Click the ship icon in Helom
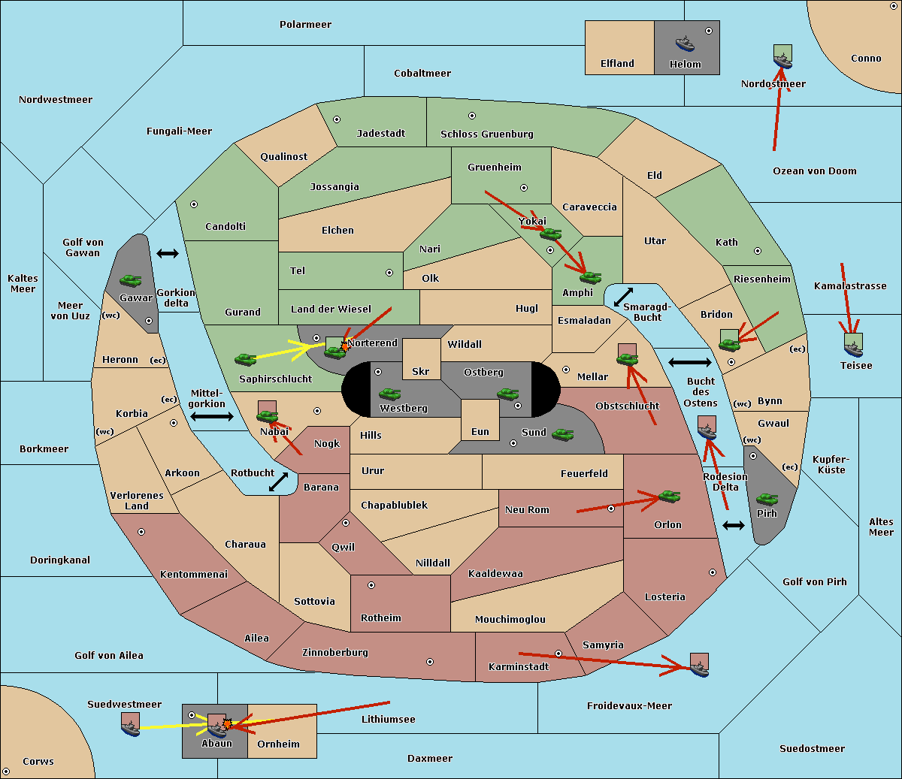[x=685, y=43]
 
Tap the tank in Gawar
[x=131, y=280]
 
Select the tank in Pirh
[x=767, y=499]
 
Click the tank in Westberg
[x=389, y=394]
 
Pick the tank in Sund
[x=562, y=434]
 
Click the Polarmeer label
[x=305, y=25]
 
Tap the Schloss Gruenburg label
[x=486, y=134]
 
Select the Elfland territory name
[x=617, y=64]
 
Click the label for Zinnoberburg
[x=335, y=653]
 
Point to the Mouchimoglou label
[x=510, y=619]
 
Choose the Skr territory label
[x=421, y=371]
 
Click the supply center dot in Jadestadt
[x=337, y=119]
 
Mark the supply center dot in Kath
[x=758, y=251]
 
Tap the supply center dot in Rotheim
[x=371, y=585]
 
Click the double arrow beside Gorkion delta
[x=168, y=253]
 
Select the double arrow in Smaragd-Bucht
[x=623, y=297]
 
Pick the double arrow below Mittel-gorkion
[x=212, y=416]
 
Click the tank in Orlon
[x=669, y=497]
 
